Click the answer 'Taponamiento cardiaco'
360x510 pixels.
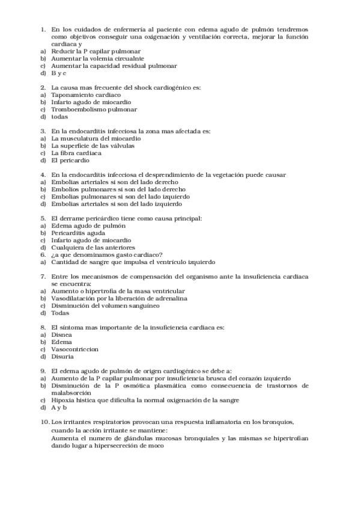pos(86,95)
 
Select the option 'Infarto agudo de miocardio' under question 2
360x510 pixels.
pos(91,102)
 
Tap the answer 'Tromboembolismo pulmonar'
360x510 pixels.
pos(94,109)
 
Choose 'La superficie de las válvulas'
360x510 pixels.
pos(93,146)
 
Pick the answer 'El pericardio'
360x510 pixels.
pos(70,160)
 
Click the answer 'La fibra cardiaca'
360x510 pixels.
pos(76,153)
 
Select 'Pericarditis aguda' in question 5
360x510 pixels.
pos(78,233)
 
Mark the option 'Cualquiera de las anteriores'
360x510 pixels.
pos(93,247)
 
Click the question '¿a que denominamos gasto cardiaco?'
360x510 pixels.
pos(106,254)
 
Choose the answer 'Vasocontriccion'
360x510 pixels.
pos(75,349)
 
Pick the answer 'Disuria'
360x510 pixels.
pos(63,356)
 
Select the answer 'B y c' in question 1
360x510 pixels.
pos(58,73)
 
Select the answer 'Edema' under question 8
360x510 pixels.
pos(61,342)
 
